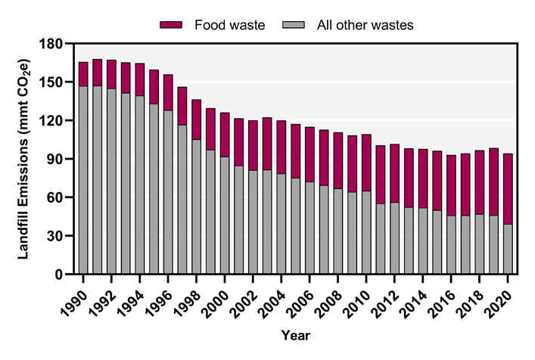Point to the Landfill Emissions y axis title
point(25,158)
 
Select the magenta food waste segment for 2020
point(508,188)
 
